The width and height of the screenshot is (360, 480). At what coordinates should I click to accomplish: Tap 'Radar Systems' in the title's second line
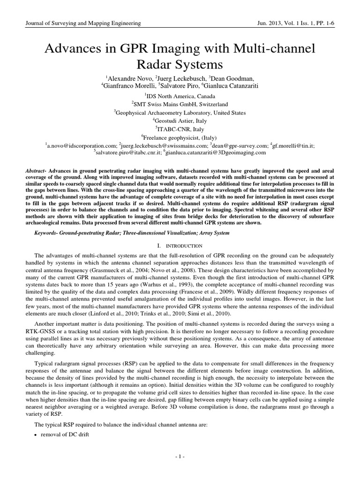pos(180,63)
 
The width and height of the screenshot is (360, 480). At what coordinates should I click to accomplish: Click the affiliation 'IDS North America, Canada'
pos(180,96)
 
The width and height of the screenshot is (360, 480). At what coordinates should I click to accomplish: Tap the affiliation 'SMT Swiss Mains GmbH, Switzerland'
pos(180,104)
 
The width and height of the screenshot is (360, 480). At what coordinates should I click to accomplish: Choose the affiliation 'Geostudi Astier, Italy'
pos(180,121)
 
